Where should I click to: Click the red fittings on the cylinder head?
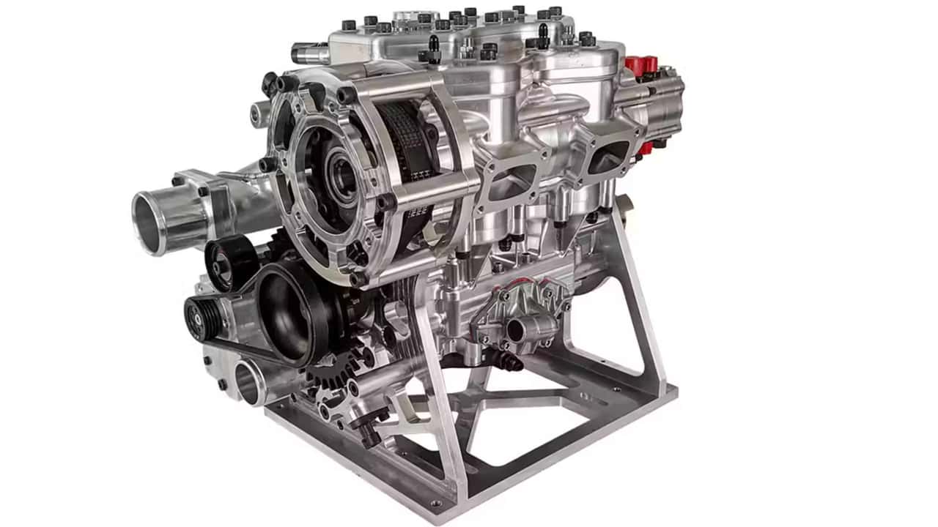(x=640, y=65)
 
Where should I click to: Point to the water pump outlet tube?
(x=517, y=330)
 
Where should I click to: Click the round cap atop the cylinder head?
(x=415, y=16)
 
